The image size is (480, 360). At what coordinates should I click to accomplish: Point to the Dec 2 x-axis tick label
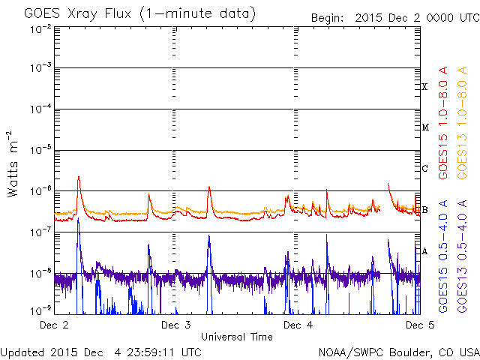click(54, 325)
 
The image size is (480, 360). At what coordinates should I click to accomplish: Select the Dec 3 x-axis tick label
click(175, 325)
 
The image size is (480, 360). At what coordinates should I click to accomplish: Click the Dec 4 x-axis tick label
click(298, 325)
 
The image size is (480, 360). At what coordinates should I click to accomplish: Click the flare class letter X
click(424, 87)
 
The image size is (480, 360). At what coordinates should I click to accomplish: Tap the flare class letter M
click(424, 127)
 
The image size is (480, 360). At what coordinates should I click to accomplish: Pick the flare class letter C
click(424, 168)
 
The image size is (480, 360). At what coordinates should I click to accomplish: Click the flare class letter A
click(424, 251)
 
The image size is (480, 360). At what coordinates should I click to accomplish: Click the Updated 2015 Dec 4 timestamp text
click(100, 351)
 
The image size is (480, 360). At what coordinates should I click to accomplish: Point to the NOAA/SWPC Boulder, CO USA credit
click(398, 351)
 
